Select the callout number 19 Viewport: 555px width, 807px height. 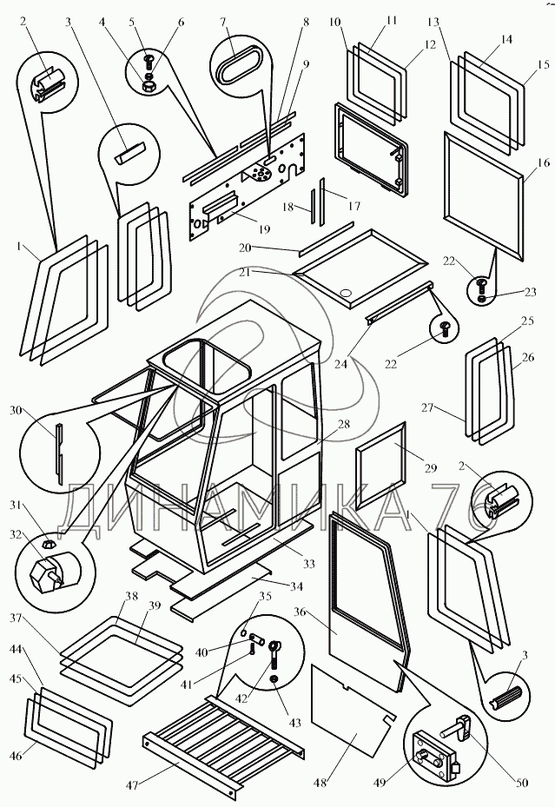point(264,229)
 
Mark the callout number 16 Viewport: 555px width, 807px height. point(544,162)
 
